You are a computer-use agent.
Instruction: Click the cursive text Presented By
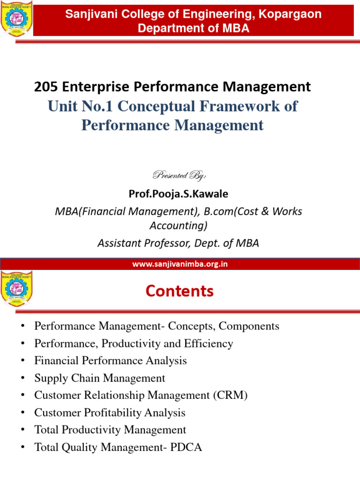180,175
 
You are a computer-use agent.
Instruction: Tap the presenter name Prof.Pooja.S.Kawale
180,194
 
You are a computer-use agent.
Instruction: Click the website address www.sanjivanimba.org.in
180,264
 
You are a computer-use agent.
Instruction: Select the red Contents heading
180,291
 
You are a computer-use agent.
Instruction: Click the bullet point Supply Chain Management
99,378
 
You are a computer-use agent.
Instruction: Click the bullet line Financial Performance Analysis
110,360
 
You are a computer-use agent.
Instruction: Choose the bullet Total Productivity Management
110,430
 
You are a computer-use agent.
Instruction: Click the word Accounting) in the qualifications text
179,226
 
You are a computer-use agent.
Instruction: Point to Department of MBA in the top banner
193,29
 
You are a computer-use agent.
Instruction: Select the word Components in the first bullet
249,326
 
